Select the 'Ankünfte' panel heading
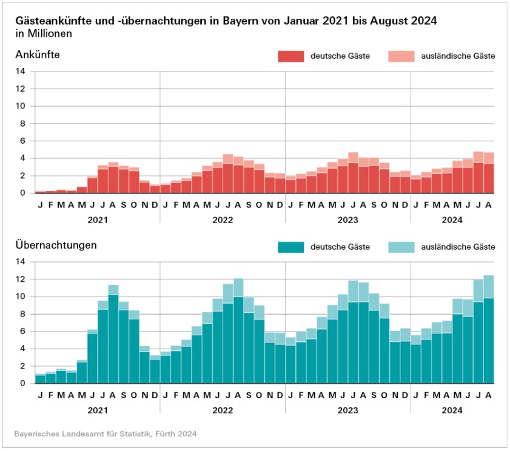[37, 55]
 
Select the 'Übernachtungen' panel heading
[56, 246]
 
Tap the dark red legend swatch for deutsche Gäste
[290, 56]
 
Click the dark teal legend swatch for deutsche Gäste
[290, 247]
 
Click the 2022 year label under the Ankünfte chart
[223, 220]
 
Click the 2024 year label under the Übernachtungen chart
[452, 410]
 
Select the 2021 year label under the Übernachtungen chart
[97, 410]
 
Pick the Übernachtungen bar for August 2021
[113, 333]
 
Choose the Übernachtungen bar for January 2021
[40, 379]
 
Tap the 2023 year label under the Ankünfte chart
[348, 220]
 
